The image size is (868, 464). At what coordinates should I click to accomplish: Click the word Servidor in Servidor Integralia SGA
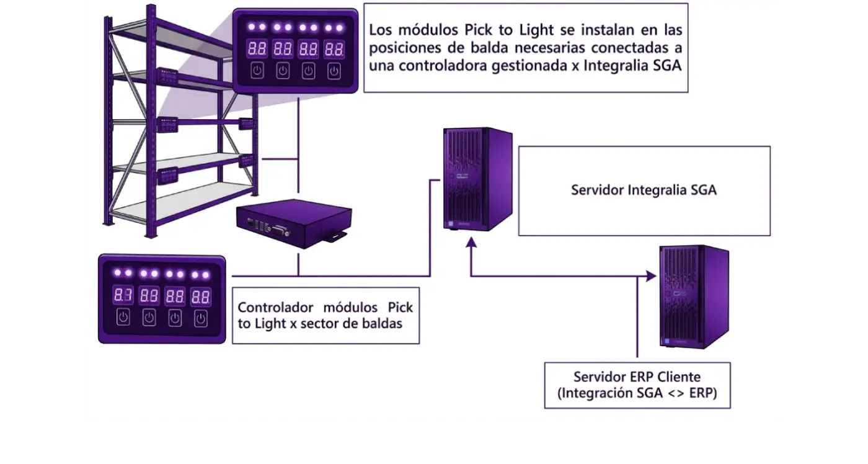[597, 190]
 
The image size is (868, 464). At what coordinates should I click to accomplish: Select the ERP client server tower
[693, 297]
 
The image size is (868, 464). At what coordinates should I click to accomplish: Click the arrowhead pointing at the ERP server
[651, 276]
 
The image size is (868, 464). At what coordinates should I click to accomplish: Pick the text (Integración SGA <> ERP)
[637, 393]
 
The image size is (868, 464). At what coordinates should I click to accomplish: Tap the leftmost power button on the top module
[257, 71]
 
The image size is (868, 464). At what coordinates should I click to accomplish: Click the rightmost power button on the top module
[334, 71]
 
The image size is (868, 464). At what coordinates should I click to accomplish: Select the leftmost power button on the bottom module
[123, 318]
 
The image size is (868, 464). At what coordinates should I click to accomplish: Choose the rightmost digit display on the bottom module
[200, 296]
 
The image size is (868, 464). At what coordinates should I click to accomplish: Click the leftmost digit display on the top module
[257, 48]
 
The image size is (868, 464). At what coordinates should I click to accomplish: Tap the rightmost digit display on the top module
[334, 48]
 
